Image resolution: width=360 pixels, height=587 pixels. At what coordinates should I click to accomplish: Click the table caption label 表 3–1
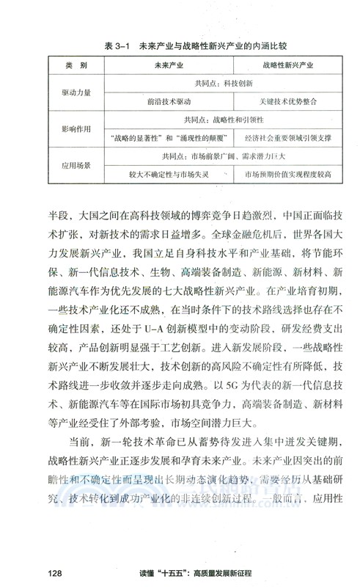(117, 45)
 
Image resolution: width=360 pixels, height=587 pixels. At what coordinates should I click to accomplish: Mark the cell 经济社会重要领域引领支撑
(284, 138)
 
